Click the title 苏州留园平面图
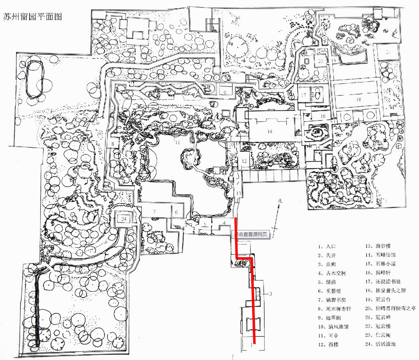pyautogui.click(x=32, y=18)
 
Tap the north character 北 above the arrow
pyautogui.click(x=280, y=201)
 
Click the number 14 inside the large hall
pyautogui.click(x=270, y=131)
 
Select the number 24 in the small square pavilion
pyautogui.click(x=124, y=219)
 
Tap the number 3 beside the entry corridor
pyautogui.click(x=271, y=294)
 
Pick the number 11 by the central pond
pyautogui.click(x=178, y=142)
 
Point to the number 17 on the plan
pyautogui.click(x=304, y=95)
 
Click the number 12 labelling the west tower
pyautogui.click(x=244, y=161)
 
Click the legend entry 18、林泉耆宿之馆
pyautogui.click(x=385, y=291)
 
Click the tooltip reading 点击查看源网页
pyautogui.click(x=251, y=234)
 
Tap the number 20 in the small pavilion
pyautogui.click(x=321, y=61)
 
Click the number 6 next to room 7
pyautogui.click(x=176, y=212)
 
